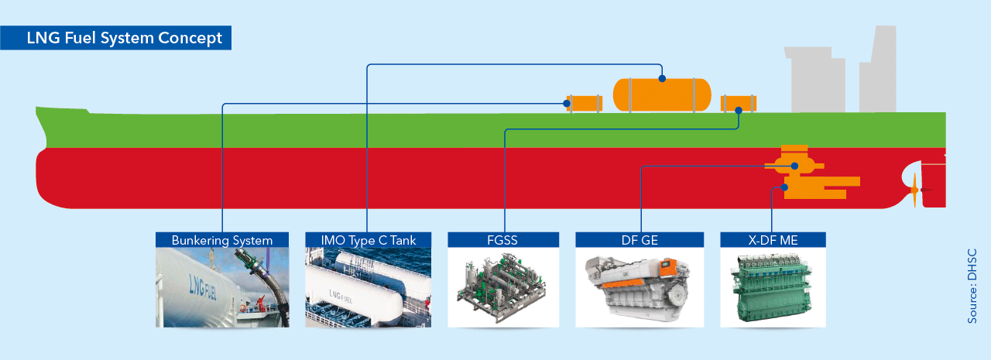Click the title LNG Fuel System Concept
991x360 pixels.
coord(124,37)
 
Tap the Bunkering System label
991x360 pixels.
coord(222,240)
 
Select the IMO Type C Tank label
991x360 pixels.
coord(369,240)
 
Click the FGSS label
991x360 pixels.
coord(504,240)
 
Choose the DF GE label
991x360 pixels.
coord(640,240)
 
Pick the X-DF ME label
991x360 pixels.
coord(773,240)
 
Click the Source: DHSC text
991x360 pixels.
coord(973,286)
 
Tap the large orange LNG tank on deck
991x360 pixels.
coord(662,94)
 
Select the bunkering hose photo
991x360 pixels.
coord(222,287)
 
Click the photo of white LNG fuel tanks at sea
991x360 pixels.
coord(369,287)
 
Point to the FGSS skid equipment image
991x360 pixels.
coord(504,287)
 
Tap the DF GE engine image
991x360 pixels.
coord(640,287)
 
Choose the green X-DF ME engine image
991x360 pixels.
coord(773,287)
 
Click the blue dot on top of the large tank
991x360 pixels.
coord(662,78)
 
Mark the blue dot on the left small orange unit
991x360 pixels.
coord(568,104)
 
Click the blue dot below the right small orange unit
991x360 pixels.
coord(739,111)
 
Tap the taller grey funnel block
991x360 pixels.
coord(878,70)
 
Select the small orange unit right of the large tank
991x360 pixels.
coord(739,102)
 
